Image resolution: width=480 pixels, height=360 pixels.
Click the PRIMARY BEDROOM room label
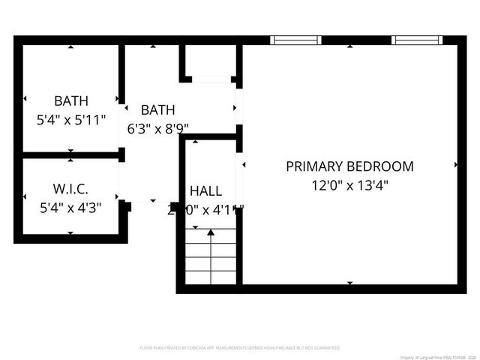click(349, 166)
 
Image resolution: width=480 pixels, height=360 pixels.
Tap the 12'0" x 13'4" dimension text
click(349, 184)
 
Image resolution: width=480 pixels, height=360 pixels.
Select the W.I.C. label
click(71, 187)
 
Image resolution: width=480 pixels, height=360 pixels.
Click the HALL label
click(205, 190)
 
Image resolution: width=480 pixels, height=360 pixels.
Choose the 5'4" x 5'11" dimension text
click(71, 118)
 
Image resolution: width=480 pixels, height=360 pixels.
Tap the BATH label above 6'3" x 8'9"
click(157, 110)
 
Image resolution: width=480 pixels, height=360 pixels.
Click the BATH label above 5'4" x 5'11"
click(71, 100)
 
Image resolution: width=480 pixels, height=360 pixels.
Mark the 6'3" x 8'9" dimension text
click(157, 128)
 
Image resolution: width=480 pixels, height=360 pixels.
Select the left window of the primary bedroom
click(295, 40)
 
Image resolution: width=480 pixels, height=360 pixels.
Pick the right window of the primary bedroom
click(417, 40)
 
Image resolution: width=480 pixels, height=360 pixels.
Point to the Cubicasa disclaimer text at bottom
click(240, 348)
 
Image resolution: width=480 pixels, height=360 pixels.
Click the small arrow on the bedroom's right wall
click(455, 163)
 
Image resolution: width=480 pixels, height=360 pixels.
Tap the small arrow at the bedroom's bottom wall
click(349, 283)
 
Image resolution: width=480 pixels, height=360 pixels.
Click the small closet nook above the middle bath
click(211, 61)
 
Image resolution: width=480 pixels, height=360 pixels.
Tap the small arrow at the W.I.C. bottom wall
click(70, 233)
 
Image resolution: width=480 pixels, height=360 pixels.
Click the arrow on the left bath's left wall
click(25, 98)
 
